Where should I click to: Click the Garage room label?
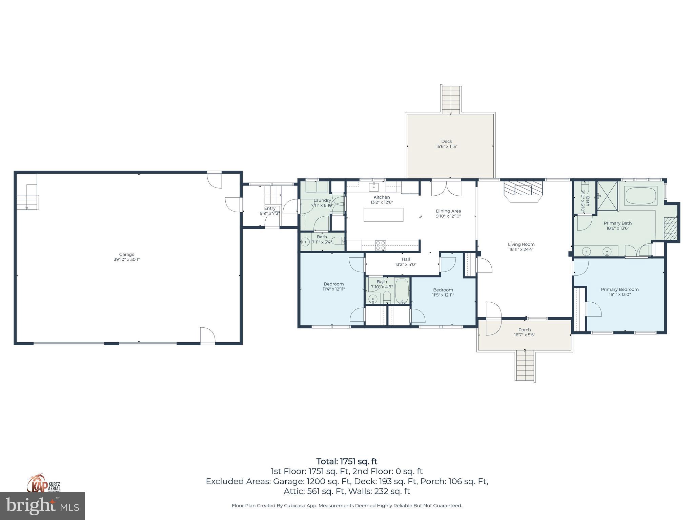pos(126,254)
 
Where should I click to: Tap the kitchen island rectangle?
pos(383,215)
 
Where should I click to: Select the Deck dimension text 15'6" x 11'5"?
pos(447,147)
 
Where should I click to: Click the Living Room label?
pos(521,244)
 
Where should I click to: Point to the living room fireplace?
pos(523,191)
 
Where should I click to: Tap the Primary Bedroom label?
pos(619,289)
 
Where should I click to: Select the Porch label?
pos(524,330)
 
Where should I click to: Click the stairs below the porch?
pos(525,366)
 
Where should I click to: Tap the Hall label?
pos(406,259)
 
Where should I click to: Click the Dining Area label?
pos(448,211)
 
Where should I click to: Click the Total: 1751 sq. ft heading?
pos(347,461)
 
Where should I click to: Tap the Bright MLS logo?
pos(42,506)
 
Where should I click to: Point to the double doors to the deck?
pos(446,188)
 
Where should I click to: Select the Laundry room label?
pos(322,200)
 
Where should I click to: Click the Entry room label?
pos(270,208)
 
